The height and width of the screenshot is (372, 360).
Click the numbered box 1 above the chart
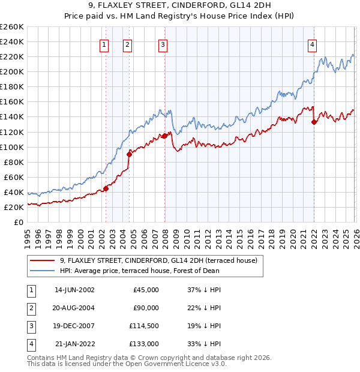[x=104, y=44]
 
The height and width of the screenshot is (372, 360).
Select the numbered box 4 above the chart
[x=313, y=44]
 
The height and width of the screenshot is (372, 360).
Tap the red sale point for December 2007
[x=164, y=136]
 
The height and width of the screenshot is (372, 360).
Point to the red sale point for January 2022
[x=314, y=122]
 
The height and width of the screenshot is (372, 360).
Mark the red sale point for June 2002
[x=106, y=188]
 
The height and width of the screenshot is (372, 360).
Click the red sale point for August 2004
[x=129, y=154]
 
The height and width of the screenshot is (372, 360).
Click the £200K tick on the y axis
[x=12, y=71]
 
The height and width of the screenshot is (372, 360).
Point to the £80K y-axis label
[x=14, y=162]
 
